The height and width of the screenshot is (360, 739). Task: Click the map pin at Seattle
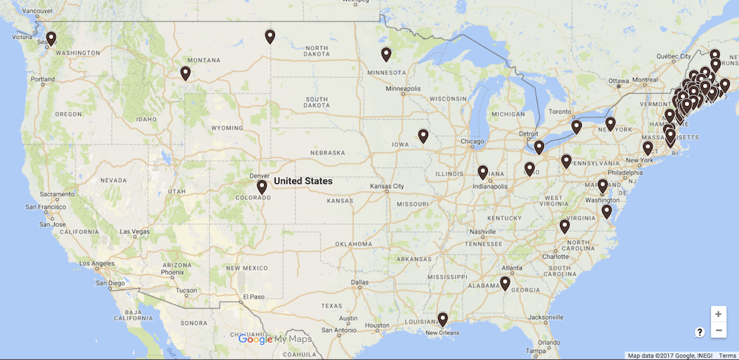51,37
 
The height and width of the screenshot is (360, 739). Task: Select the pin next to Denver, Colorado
262,186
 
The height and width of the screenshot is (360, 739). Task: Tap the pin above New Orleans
442,318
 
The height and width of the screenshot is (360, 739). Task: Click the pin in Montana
185,72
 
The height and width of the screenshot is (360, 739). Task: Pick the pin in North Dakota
270,35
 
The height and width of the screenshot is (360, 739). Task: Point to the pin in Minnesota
386,53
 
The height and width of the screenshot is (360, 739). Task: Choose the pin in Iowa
423,135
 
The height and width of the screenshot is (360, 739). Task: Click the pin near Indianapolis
483,172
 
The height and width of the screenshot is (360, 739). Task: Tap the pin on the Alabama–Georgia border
505,283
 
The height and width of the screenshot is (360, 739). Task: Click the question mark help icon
699,332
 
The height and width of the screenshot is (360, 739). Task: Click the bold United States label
303,181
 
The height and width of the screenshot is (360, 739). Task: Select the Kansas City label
387,186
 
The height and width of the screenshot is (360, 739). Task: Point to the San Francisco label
48,207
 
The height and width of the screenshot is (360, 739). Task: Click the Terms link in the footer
727,356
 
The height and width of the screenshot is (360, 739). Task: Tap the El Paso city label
253,296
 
